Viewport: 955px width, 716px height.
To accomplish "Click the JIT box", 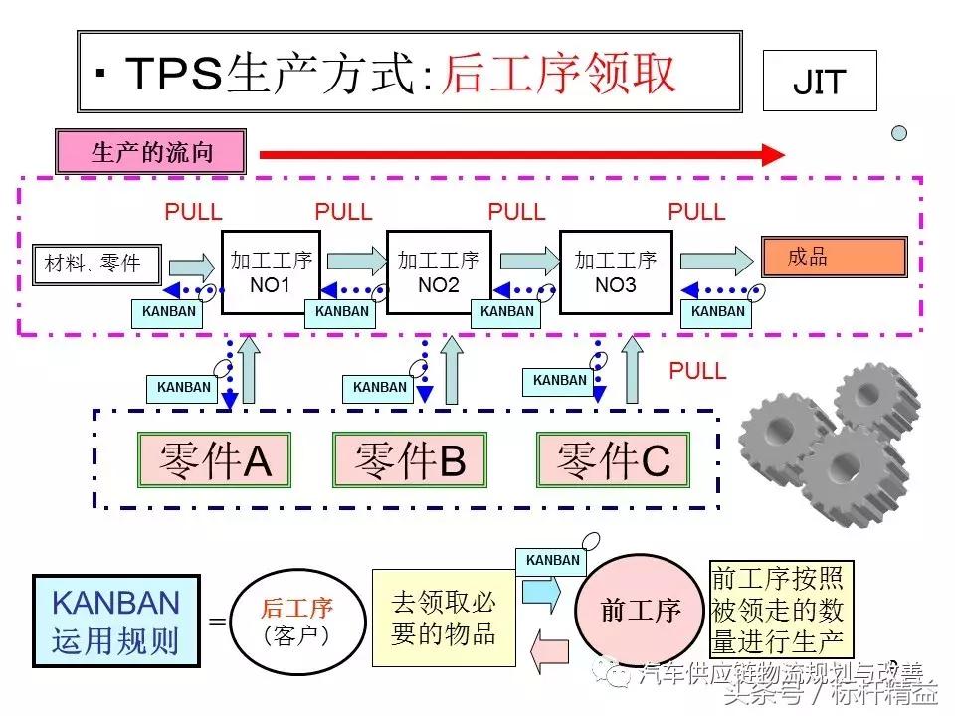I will [819, 81].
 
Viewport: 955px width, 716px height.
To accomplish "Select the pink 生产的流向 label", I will [151, 153].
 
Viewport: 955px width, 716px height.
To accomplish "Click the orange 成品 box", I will [834, 257].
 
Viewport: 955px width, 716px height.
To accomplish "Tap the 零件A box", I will [214, 459].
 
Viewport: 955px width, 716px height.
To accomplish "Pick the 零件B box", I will [410, 459].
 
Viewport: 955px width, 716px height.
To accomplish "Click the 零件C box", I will [613, 459].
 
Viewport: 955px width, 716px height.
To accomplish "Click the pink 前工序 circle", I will [640, 610].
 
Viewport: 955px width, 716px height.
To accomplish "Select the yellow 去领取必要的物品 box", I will [444, 617].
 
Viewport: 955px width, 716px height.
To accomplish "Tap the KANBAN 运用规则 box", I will [115, 620].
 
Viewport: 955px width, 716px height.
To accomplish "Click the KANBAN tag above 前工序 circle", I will [552, 560].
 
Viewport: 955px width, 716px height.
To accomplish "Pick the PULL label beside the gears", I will [697, 371].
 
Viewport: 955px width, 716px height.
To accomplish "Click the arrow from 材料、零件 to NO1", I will [191, 266].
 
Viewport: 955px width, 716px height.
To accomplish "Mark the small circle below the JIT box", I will [899, 132].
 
